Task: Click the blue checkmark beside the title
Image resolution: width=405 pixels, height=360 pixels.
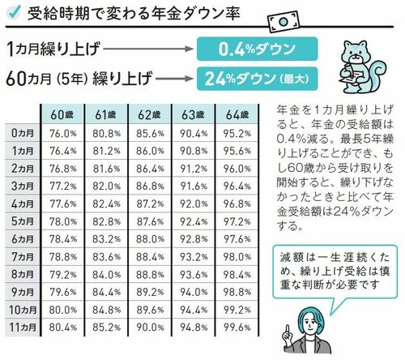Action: tap(13, 11)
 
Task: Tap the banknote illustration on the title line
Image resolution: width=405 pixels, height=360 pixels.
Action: tap(283, 22)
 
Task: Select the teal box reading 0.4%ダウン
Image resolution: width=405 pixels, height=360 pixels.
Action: tap(257, 49)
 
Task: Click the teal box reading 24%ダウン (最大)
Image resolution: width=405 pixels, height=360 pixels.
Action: tap(257, 79)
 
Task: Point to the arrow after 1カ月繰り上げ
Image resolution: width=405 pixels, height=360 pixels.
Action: tap(148, 49)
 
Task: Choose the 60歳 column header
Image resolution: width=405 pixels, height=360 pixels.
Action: tap(62, 114)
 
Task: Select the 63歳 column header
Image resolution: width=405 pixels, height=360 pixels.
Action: tap(193, 114)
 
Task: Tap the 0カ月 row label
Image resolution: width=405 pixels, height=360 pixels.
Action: tap(23, 133)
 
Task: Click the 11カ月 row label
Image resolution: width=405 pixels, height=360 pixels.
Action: tap(23, 328)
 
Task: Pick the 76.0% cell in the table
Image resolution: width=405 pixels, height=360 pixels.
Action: tap(63, 134)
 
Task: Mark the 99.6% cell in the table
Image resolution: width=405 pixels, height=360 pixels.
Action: tap(237, 328)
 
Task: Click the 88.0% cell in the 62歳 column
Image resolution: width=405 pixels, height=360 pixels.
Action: tap(150, 239)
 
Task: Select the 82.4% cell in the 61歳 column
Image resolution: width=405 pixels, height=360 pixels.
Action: tap(106, 204)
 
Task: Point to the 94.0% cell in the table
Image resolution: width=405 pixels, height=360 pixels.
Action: tap(194, 292)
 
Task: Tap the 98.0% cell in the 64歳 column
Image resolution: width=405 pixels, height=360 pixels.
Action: tap(237, 257)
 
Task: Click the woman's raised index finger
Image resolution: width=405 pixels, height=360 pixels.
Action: tap(287, 328)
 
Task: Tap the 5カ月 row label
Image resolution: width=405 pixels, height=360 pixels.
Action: tap(23, 221)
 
